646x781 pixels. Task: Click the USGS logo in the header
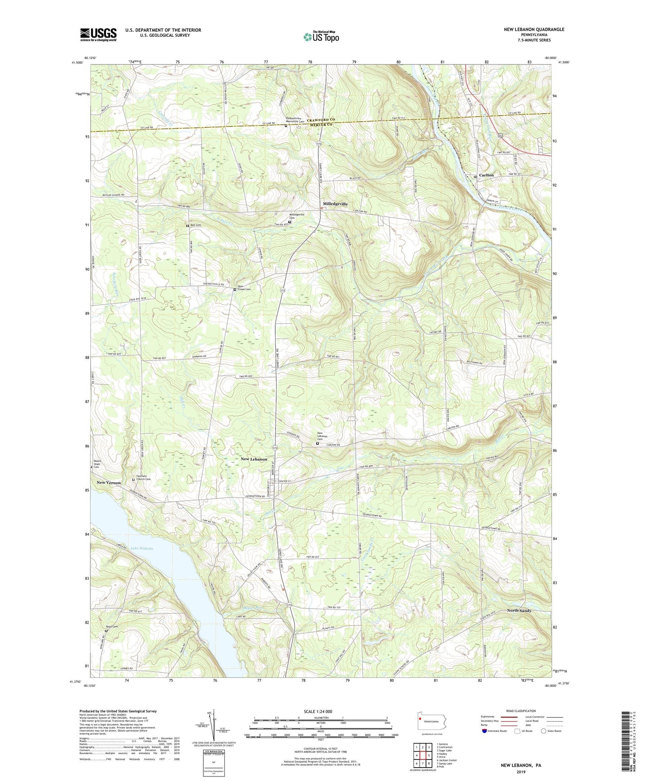(x=98, y=34)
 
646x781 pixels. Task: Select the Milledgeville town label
(x=335, y=204)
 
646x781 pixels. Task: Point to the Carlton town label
(x=486, y=175)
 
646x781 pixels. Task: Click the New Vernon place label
(x=109, y=483)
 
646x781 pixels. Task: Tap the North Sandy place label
(x=519, y=611)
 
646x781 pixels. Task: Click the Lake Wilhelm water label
(x=142, y=548)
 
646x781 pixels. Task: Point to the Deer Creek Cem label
(x=244, y=288)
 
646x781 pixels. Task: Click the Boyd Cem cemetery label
(x=112, y=626)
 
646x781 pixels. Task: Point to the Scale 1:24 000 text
(x=318, y=711)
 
